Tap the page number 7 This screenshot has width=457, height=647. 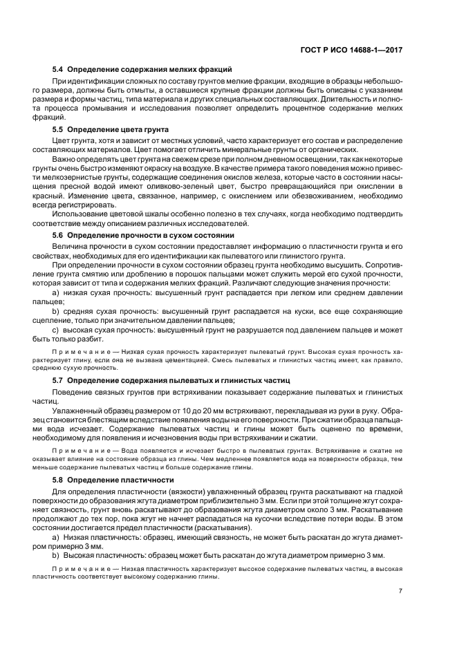coord(401,590)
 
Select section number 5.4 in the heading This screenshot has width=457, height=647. coord(58,69)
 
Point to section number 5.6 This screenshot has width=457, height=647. coord(58,235)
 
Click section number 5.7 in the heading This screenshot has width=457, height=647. coord(58,379)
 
